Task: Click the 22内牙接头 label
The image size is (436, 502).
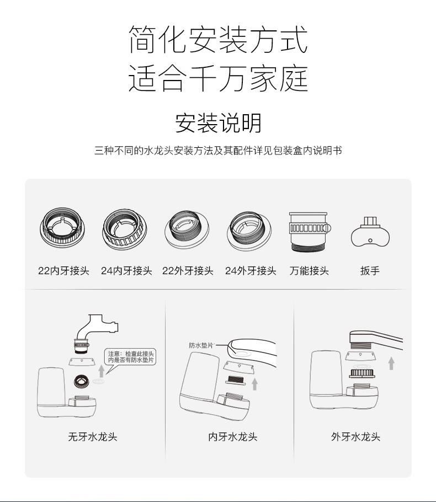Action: [x=63, y=271]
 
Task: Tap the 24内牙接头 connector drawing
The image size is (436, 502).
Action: [x=125, y=230]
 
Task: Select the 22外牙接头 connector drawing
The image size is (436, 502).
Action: [x=187, y=229]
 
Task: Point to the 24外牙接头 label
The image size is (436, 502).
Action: [x=251, y=271]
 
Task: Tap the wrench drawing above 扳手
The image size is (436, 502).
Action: [x=370, y=232]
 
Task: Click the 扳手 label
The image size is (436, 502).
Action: [x=370, y=271]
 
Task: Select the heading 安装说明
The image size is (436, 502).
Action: [x=218, y=123]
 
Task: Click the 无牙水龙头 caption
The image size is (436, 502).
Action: [x=93, y=437]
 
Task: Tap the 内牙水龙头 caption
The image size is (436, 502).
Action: [x=232, y=437]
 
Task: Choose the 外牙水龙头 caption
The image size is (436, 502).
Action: [x=355, y=437]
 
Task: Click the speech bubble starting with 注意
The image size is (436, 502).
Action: [x=130, y=357]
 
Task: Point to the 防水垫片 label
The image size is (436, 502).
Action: [x=201, y=345]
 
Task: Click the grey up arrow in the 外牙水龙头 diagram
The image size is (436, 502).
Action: [x=391, y=364]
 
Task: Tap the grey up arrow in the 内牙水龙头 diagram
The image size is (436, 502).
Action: [x=254, y=384]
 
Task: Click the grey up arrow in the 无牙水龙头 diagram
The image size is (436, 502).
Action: [x=102, y=371]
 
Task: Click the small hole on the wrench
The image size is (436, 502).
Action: [x=370, y=241]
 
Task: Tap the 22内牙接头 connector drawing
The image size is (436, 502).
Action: [x=63, y=228]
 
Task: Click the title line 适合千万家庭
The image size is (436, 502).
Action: [x=218, y=79]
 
